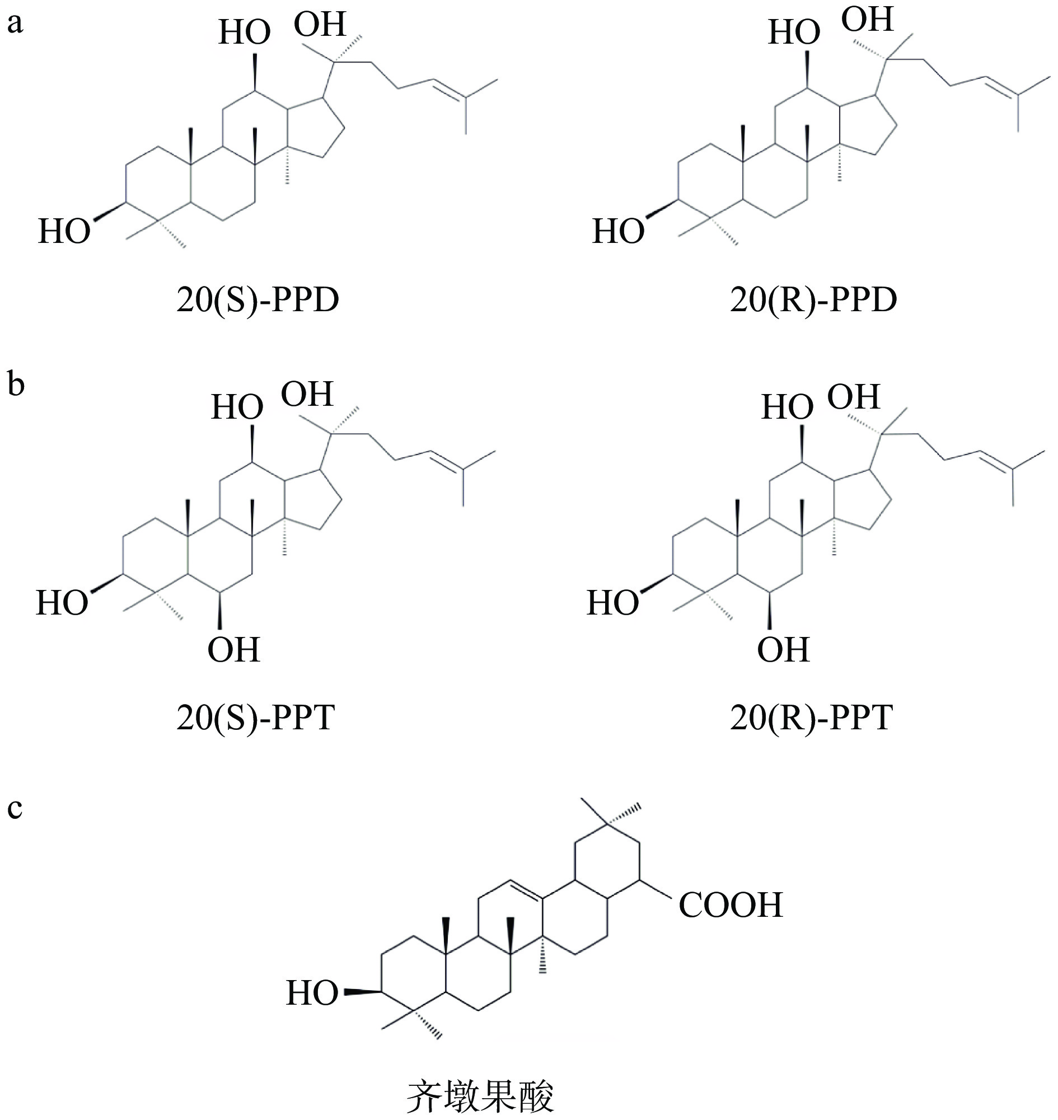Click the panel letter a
point(15,24)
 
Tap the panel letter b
point(16,385)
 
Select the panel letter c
point(15,808)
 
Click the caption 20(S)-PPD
point(258,300)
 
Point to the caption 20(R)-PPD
point(813,300)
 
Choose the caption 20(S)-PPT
point(255,718)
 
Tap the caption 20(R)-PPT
point(811,718)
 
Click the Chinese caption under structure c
point(480,1096)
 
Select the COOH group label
point(731,905)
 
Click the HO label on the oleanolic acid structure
point(312,1009)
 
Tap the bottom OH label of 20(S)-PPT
point(233,650)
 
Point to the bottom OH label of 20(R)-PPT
point(783,650)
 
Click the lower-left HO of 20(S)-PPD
point(64,231)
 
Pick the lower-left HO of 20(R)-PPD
point(618,231)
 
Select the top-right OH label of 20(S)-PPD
point(319,24)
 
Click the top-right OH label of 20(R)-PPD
point(867,20)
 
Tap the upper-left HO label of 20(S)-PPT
point(237,406)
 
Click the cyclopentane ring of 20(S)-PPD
point(313,129)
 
